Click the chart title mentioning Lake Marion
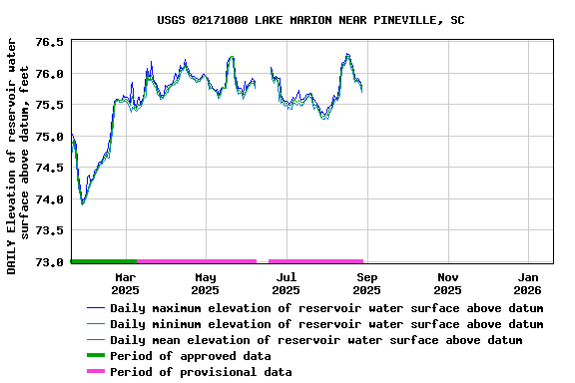310,20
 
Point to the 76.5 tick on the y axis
49,43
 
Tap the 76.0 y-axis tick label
49,74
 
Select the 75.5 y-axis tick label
49,105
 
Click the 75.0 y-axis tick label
49,137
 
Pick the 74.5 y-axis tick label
49,168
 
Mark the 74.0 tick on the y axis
49,199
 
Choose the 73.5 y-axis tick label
49,230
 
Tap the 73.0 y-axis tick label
49,262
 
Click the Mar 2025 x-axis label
125,283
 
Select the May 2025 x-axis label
205,283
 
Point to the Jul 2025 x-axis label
286,283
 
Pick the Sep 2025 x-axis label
366,283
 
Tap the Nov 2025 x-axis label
447,283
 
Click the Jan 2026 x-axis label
528,283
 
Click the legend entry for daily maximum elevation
326,308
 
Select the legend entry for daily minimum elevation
326,324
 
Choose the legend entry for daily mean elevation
315,340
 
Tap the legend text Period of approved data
191,356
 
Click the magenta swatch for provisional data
95,372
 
